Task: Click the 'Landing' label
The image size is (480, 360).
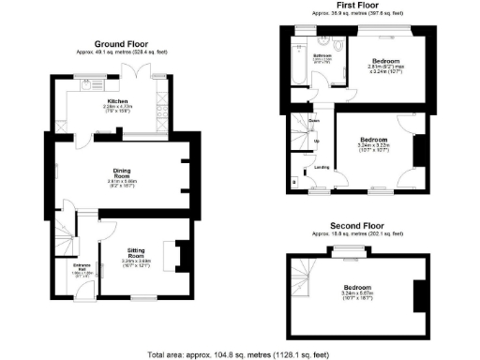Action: pyautogui.click(x=321, y=168)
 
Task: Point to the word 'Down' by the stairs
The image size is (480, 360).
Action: pyautogui.click(x=315, y=121)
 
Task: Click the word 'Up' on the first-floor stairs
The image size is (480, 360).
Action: pyautogui.click(x=316, y=142)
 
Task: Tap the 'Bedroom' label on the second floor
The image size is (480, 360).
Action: pyautogui.click(x=356, y=287)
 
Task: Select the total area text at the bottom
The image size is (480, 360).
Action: pyautogui.click(x=240, y=353)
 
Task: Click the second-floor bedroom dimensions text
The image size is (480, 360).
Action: pyautogui.click(x=356, y=295)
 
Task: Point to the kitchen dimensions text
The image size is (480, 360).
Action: pyautogui.click(x=117, y=109)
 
